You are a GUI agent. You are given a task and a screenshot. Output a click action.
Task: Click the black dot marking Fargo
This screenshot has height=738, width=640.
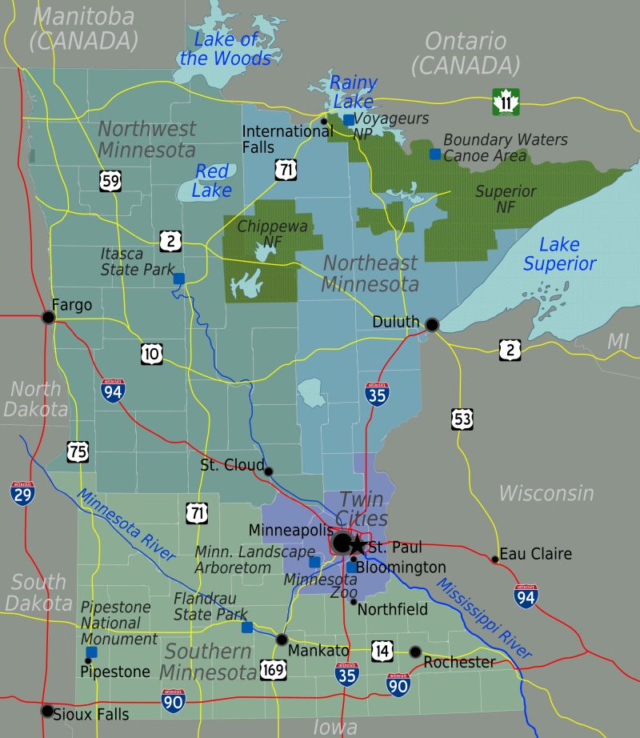[48, 318]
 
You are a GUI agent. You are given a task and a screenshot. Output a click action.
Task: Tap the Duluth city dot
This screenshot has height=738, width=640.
[432, 324]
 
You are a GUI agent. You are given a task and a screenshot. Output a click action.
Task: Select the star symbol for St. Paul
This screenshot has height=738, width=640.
[357, 545]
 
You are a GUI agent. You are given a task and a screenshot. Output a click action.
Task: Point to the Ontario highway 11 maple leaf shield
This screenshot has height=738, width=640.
[506, 102]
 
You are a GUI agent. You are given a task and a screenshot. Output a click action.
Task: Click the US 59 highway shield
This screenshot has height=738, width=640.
[111, 180]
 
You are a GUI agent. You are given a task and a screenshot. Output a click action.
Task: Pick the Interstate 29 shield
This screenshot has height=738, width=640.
[22, 491]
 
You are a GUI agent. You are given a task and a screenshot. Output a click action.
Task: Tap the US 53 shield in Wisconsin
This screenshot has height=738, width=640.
[462, 417]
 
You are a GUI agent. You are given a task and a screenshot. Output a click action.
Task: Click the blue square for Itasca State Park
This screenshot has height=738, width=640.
[179, 279]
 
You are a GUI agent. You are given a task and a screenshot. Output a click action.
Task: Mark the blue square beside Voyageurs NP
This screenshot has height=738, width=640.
[349, 120]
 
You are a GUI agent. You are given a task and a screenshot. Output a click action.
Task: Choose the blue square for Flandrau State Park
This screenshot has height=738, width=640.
[247, 627]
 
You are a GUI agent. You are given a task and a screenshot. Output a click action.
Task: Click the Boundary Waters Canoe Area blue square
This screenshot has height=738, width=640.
[435, 154]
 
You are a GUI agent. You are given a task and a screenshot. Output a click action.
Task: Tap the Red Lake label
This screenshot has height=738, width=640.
[212, 180]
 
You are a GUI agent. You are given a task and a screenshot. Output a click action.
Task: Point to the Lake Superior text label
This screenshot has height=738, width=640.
[559, 255]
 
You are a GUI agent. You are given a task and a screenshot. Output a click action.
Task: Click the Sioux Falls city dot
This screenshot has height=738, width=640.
[47, 711]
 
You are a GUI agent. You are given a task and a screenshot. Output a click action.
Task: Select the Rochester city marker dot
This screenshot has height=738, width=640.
[415, 652]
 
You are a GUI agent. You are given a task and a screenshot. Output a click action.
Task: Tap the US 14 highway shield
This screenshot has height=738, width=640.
[382, 651]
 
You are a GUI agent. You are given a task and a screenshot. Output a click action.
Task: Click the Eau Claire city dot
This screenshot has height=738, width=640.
[495, 559]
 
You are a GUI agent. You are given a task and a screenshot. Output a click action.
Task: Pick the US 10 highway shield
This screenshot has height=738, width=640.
[152, 353]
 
